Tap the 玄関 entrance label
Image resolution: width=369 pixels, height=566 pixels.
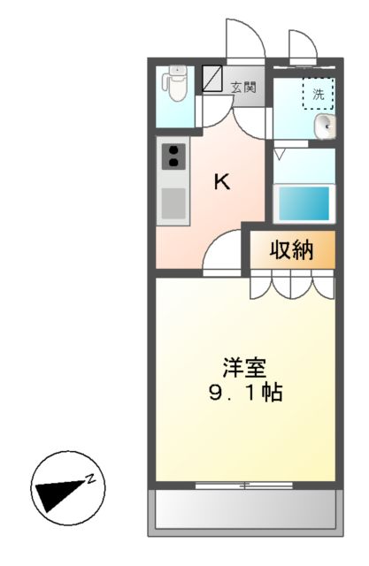pos(244,87)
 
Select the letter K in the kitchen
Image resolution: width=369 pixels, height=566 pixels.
pos(222,183)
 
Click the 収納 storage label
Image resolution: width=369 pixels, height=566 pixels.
pos(292,251)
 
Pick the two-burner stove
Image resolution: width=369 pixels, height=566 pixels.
pos(173,157)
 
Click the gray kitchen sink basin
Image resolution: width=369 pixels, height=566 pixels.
pos(173,203)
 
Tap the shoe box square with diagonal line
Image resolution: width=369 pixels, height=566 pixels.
pos(212,79)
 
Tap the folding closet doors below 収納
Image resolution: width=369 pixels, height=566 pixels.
pos(292,285)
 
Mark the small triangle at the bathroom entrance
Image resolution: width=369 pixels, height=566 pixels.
pos(280,153)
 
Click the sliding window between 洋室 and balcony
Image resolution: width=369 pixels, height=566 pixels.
pos(243,484)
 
